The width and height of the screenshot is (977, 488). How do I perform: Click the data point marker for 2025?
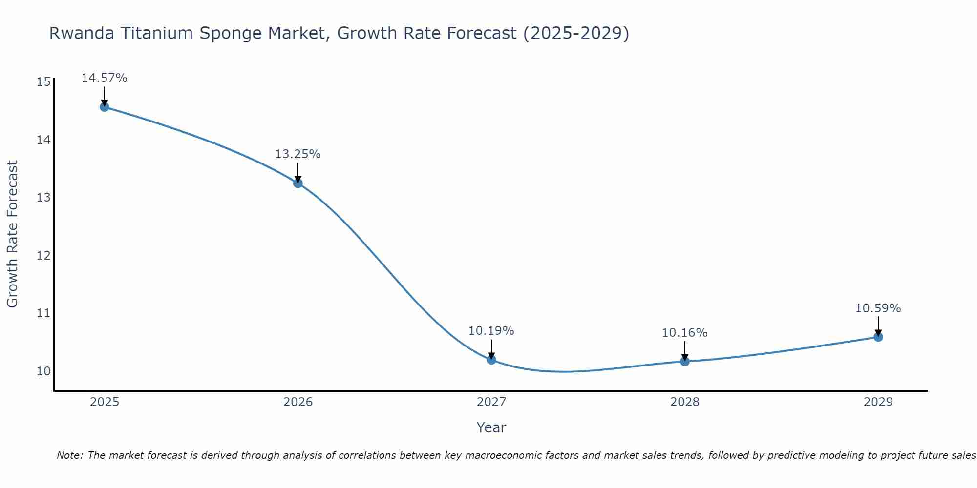tap(105, 107)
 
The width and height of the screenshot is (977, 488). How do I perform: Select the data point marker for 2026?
tap(298, 183)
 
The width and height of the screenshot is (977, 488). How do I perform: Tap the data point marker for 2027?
tap(491, 360)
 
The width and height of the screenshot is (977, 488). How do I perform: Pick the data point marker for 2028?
tap(685, 362)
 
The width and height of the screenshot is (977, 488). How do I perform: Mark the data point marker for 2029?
tap(878, 337)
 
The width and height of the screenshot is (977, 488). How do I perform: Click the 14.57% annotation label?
tap(105, 78)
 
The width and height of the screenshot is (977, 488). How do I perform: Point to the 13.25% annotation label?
tap(298, 154)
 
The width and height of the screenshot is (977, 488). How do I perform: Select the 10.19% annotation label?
tap(491, 331)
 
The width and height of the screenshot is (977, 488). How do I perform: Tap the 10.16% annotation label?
tap(685, 333)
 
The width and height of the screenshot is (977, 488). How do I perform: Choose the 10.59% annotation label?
tap(878, 308)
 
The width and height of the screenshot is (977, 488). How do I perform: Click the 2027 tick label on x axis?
tap(491, 402)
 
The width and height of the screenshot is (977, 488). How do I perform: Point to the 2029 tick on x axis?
tap(878, 402)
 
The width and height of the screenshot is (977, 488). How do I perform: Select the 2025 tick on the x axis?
tap(105, 402)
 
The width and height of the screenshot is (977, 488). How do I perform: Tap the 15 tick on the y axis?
tap(43, 82)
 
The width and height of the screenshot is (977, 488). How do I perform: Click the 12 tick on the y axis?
tap(43, 256)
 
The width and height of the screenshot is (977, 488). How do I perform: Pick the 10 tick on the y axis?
tap(43, 371)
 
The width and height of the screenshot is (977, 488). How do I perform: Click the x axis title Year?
tap(491, 427)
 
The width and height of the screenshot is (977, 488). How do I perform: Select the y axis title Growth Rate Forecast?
tap(13, 234)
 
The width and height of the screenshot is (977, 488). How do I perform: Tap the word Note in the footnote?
tap(70, 455)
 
